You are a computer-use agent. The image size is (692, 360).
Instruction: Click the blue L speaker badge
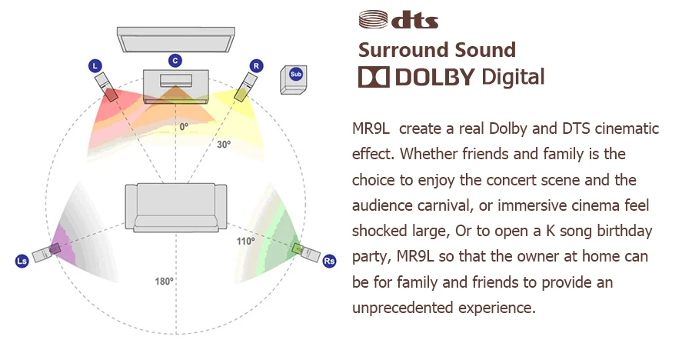(x=95, y=67)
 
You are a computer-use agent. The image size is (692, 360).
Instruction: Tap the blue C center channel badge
(x=175, y=60)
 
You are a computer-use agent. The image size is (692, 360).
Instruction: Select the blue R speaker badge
(x=256, y=66)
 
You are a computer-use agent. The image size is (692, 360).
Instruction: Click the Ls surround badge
(x=22, y=262)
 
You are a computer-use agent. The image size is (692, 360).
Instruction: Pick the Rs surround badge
(x=329, y=261)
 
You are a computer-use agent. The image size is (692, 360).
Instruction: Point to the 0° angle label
(x=184, y=126)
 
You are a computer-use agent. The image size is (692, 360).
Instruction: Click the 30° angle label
(x=222, y=144)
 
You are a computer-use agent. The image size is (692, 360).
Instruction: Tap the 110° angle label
(x=246, y=241)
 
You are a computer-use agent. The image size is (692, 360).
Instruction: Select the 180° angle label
(x=164, y=282)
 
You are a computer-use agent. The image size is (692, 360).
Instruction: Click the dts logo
(x=398, y=19)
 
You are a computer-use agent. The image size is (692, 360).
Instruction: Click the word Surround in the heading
(x=400, y=51)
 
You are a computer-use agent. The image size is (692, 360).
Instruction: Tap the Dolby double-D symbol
(x=374, y=77)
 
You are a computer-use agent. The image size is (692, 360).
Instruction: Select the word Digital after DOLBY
(x=512, y=77)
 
